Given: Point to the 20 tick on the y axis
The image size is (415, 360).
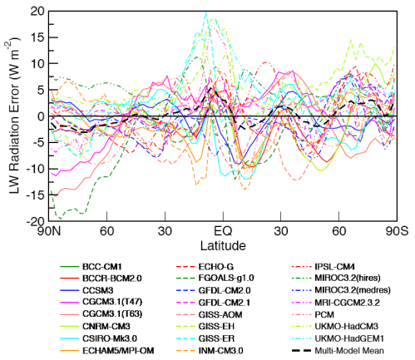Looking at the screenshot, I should pyautogui.click(x=37, y=11).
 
